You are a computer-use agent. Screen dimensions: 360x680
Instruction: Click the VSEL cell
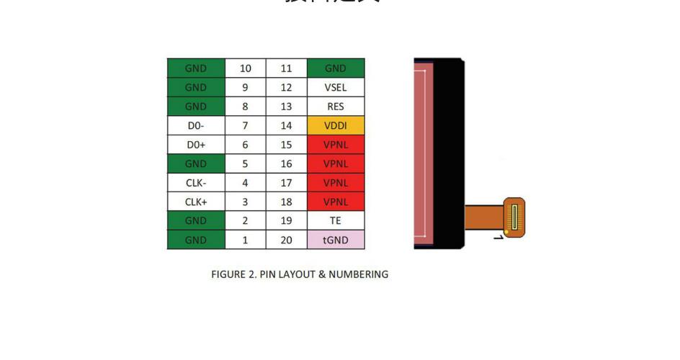[x=336, y=87]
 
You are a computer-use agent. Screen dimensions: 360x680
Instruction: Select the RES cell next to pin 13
[x=336, y=107]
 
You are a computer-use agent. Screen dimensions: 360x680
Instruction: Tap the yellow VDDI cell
[x=336, y=125]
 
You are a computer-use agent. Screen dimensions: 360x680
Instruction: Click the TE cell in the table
[x=336, y=220]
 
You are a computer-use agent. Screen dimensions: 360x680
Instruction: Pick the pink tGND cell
[x=336, y=240]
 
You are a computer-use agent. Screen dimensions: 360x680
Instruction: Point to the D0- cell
[x=196, y=125]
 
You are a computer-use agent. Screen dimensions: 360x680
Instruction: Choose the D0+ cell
[x=196, y=145]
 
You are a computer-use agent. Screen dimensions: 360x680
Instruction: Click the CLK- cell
[x=196, y=183]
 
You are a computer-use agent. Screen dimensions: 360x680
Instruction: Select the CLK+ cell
[x=196, y=202]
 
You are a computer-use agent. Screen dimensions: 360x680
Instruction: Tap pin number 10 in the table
[x=246, y=68]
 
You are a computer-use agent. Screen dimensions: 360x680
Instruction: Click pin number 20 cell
[x=287, y=240]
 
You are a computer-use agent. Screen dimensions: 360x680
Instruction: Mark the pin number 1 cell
[x=246, y=240]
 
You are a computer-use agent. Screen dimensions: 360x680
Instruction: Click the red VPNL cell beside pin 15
[x=336, y=145]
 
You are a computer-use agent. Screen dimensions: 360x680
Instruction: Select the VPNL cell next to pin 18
[x=336, y=202]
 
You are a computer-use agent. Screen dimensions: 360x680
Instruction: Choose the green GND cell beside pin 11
[x=336, y=68]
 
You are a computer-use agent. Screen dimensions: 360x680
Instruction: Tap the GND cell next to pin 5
[x=196, y=163]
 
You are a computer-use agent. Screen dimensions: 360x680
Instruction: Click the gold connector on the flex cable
[x=514, y=217]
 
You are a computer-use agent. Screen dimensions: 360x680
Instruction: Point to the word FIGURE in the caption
[x=228, y=274]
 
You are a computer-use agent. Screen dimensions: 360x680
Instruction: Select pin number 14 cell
[x=287, y=125]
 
